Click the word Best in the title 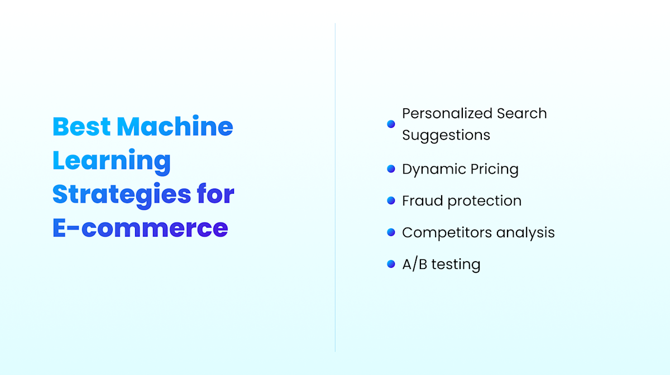[x=82, y=127]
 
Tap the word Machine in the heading [x=175, y=127]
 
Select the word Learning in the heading [x=112, y=161]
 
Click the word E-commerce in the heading [x=140, y=228]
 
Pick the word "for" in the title [x=216, y=194]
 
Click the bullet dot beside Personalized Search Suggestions [x=391, y=124]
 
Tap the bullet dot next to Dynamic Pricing [x=391, y=169]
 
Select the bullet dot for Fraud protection [x=391, y=201]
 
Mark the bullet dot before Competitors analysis [x=391, y=232]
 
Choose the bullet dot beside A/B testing [x=391, y=264]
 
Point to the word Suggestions [x=446, y=135]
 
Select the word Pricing [x=494, y=170]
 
